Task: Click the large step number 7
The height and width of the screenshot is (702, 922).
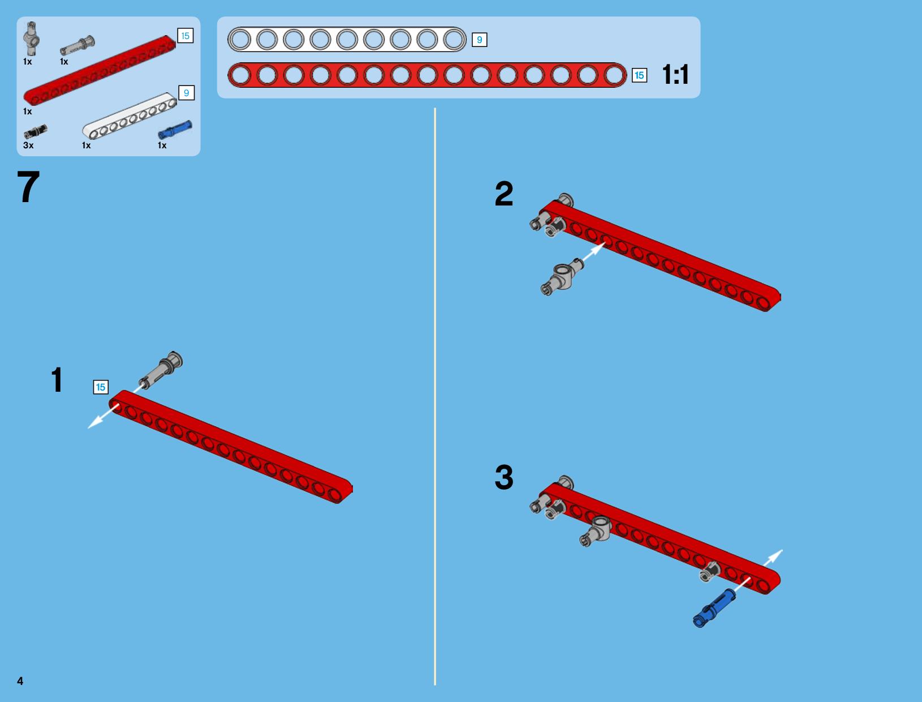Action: [28, 187]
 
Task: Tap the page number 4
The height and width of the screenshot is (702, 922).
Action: [20, 680]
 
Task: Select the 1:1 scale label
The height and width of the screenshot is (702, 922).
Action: [675, 75]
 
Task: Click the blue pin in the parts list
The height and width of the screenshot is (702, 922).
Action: [175, 130]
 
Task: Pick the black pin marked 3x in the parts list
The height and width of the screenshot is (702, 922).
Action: [35, 131]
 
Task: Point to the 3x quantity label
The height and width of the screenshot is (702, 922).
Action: [28, 145]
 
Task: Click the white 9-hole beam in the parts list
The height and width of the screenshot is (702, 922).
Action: [130, 115]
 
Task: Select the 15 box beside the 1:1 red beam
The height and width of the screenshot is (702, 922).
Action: [639, 75]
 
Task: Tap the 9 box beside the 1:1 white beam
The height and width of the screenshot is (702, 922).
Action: [479, 40]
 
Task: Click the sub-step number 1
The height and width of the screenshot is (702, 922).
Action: [57, 379]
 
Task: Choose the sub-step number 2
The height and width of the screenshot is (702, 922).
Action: [504, 194]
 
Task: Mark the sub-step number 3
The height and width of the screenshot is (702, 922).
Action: [504, 477]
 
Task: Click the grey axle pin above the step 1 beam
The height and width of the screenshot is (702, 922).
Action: [161, 370]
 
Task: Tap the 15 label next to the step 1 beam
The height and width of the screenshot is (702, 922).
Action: [101, 387]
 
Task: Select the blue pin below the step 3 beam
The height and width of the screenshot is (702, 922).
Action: [714, 608]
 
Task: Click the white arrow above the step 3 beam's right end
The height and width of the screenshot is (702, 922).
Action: [773, 558]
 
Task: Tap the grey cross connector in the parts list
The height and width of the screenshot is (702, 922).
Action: [31, 38]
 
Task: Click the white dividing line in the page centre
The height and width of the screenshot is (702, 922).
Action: [435, 396]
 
